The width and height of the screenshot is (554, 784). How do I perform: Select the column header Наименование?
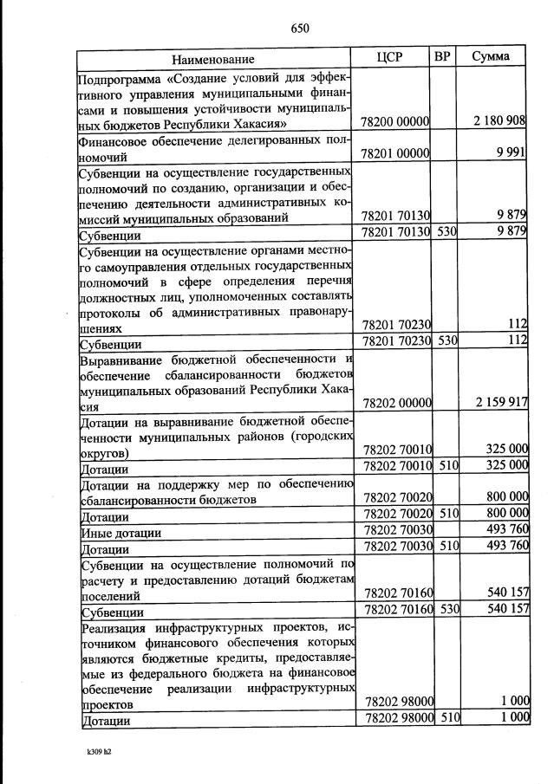pos(212,60)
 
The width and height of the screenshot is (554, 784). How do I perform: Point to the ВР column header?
pos(442,57)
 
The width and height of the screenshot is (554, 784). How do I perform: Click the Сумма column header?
pos(491,57)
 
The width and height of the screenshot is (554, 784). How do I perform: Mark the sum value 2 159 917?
pos(500,403)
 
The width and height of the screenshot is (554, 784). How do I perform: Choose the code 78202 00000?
pos(395,404)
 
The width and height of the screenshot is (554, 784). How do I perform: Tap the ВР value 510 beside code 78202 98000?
pos(446,718)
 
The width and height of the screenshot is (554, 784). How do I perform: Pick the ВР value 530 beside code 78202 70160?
pos(446,609)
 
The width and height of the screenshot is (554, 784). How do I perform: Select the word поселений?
pos(108,594)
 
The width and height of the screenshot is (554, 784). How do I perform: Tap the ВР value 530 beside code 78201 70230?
pos(446,342)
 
